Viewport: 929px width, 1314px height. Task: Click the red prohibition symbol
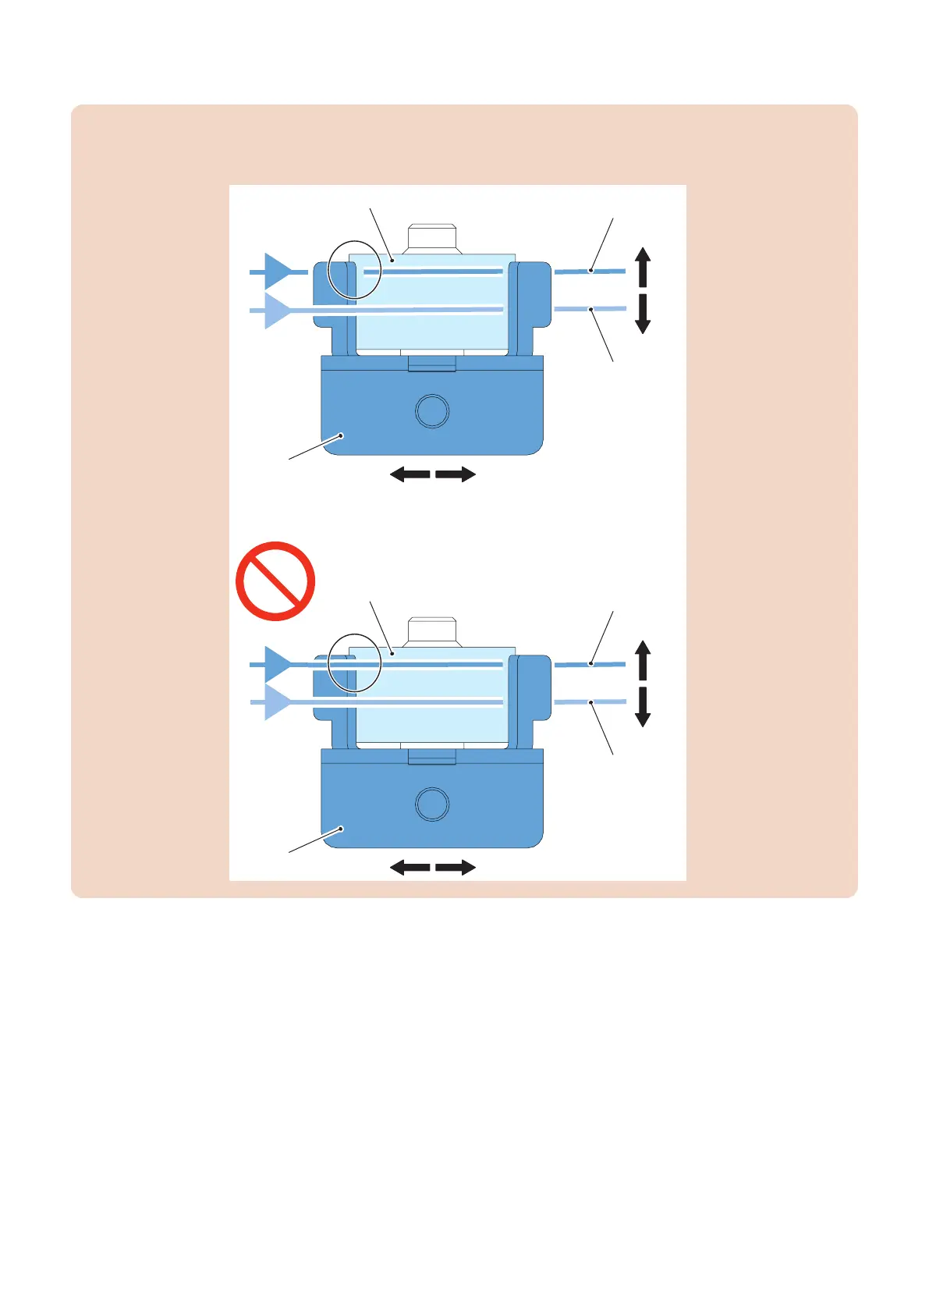tap(275, 581)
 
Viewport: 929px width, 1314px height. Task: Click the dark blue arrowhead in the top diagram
tap(275, 272)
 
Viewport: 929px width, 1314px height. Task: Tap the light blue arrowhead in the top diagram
tap(275, 311)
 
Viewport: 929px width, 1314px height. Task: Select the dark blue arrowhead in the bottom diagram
tap(275, 665)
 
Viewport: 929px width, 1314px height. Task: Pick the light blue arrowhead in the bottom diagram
tap(275, 702)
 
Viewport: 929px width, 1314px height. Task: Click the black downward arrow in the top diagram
tap(643, 314)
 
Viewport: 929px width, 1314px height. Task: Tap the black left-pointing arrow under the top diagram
tap(410, 474)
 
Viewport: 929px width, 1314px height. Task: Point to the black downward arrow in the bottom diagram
tap(643, 708)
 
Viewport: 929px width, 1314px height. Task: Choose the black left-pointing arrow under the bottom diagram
tap(410, 868)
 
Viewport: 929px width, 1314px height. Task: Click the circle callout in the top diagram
tap(355, 270)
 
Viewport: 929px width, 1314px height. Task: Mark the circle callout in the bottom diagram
tap(355, 663)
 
